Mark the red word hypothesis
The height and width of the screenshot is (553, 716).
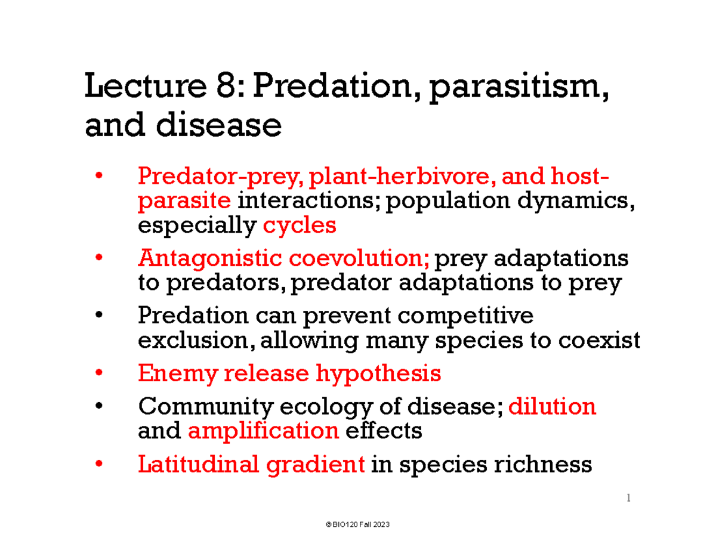point(378,374)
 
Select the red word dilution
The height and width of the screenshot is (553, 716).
point(553,407)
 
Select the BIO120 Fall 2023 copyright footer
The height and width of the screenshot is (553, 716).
point(358,524)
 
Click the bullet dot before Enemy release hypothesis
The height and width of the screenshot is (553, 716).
point(98,374)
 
